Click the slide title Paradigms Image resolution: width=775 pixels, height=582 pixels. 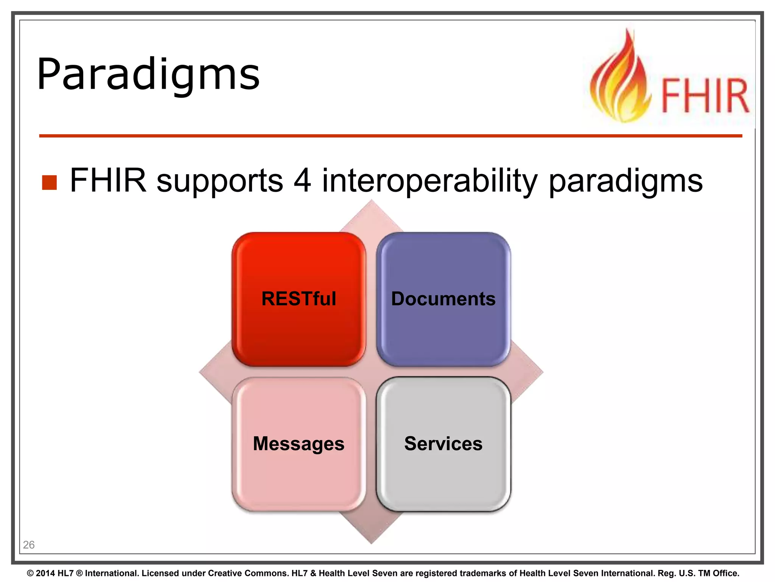tap(148, 74)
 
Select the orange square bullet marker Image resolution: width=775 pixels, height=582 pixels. tap(49, 182)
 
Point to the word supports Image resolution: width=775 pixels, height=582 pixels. tap(219, 182)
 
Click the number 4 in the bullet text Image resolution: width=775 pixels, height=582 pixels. tap(302, 180)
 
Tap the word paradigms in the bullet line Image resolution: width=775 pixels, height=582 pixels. tap(626, 182)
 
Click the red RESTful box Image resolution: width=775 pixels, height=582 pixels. tap(299, 299)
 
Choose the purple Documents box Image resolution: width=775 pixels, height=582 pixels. tap(443, 299)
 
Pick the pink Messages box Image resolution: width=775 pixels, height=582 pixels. tap(299, 444)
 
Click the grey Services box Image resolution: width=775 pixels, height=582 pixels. tap(443, 444)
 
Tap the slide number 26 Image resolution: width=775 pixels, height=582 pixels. tap(29, 545)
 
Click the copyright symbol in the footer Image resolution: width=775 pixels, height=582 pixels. tap(30, 573)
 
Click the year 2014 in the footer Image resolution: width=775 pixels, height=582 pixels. tap(45, 573)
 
